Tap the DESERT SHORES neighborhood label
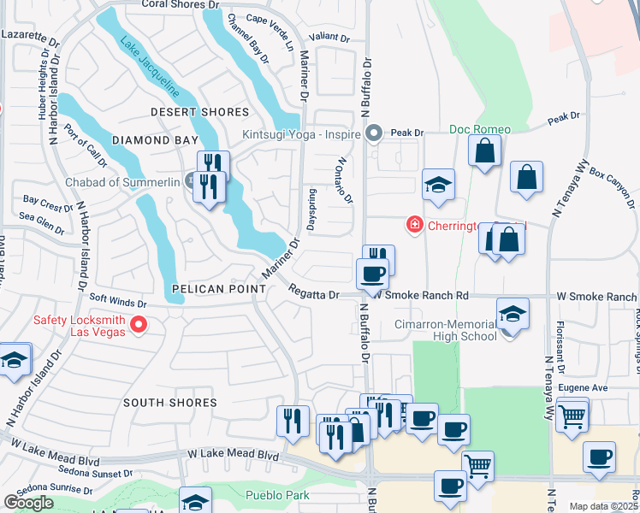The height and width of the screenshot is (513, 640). [200, 112]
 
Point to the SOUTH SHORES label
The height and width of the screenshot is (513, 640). [169, 402]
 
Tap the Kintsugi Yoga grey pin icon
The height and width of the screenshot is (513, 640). [374, 133]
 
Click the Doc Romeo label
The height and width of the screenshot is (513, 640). [480, 130]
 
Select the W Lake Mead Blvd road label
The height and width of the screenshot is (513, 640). [232, 455]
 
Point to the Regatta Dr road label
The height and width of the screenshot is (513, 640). [313, 293]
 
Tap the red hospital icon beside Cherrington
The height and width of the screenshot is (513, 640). [415, 224]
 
